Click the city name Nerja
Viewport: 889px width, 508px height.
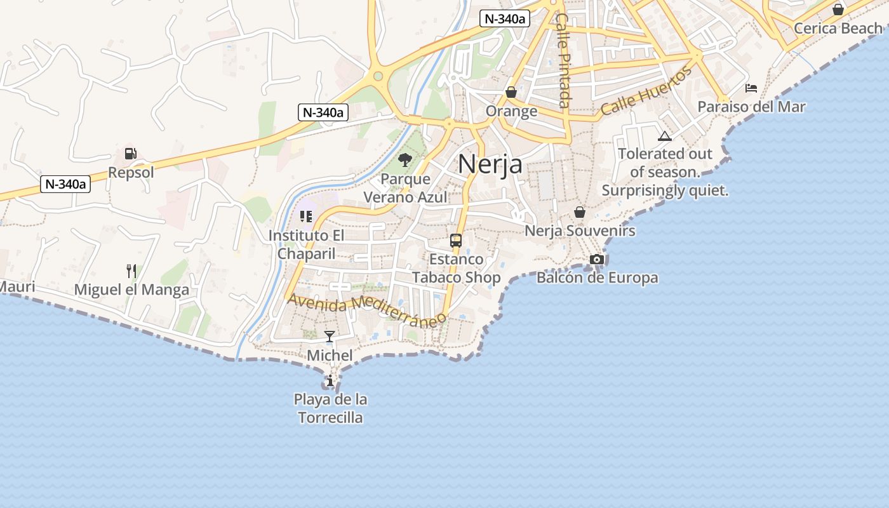(x=490, y=164)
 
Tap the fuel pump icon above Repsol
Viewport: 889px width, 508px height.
(x=131, y=153)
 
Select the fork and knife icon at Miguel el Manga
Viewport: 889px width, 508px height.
(x=131, y=271)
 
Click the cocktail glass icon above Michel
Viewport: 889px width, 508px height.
(x=330, y=337)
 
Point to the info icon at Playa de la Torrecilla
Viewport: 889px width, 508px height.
(x=330, y=381)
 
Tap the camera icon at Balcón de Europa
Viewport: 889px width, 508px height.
(x=597, y=259)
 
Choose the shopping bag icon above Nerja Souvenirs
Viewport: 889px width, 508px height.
(x=580, y=212)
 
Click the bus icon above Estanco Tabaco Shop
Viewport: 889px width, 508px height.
(x=456, y=241)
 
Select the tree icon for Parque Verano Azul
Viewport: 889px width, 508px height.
(x=404, y=160)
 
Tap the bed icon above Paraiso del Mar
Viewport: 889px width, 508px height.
(x=751, y=88)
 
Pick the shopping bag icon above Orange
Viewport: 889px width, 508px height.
(x=511, y=93)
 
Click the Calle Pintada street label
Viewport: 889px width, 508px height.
(x=563, y=60)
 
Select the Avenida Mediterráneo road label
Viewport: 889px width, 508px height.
(x=366, y=309)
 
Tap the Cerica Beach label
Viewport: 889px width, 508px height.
(x=838, y=29)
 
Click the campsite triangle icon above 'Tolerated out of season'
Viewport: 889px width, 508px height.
(x=665, y=136)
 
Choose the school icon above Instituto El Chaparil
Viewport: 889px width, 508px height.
(x=306, y=217)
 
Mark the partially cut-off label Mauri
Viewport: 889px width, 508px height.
(x=17, y=287)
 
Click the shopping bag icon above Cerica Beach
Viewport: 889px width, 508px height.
(x=838, y=10)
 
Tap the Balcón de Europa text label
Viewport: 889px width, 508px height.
(x=597, y=278)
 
